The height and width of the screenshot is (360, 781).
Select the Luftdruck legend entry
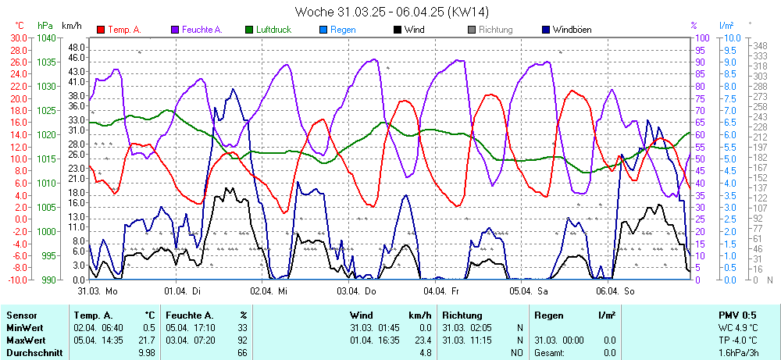coord(273,30)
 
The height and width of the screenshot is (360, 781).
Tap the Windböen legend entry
coord(572,30)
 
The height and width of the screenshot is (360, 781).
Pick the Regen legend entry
coord(343,30)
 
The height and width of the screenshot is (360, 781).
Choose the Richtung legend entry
coord(495,30)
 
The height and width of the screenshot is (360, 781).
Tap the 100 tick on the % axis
coord(702,37)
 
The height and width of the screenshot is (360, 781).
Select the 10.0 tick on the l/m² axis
coord(733,37)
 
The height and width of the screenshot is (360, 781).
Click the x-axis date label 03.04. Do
coord(357,290)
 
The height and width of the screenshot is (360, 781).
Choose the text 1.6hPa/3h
coord(739,352)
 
